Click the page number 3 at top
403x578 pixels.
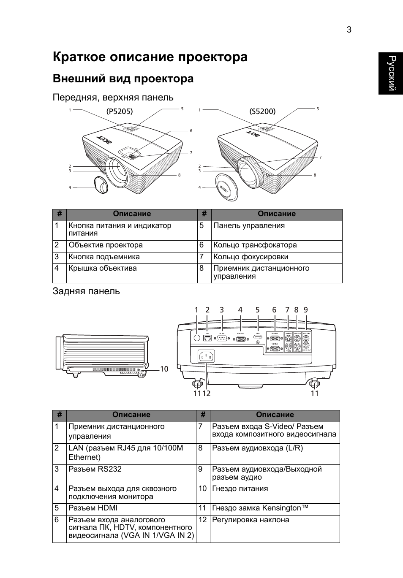coord(349,30)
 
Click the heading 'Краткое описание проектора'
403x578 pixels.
coord(150,57)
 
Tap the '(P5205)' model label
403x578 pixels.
coord(120,111)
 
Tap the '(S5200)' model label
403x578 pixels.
coord(262,111)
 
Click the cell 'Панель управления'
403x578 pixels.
coord(249,226)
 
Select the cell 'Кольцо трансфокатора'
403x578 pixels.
coord(255,245)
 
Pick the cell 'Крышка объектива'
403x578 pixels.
coord(103,269)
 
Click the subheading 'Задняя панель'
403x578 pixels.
coord(86,291)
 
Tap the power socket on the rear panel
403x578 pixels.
coord(207,357)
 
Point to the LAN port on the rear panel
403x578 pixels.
coord(207,337)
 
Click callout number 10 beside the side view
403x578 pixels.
coord(164,369)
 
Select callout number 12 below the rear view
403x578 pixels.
coord(207,393)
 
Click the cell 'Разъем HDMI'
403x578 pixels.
coord(93,508)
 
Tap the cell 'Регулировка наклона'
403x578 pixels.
coord(251,520)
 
